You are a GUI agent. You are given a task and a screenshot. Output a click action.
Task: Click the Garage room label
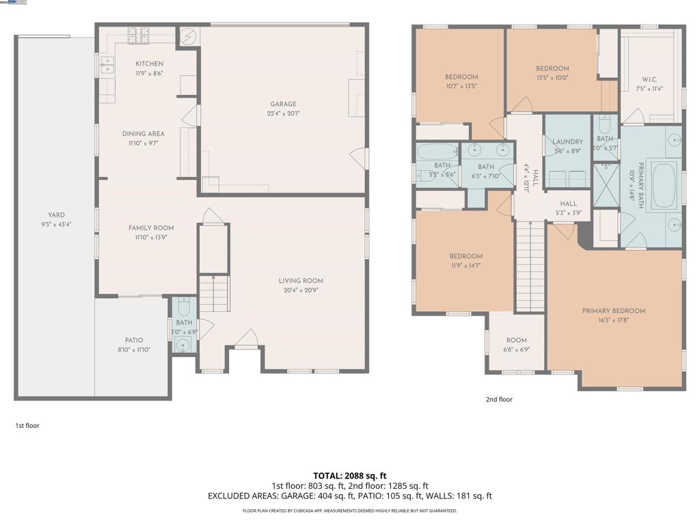click(x=283, y=105)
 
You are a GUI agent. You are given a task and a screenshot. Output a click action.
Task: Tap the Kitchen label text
click(x=149, y=64)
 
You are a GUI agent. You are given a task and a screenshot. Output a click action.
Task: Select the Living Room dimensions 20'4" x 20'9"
click(x=301, y=290)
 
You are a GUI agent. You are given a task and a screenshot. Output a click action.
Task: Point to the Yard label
click(x=56, y=215)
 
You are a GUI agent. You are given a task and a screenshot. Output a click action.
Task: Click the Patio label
click(x=134, y=340)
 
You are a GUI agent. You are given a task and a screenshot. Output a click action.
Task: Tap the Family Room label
click(x=151, y=228)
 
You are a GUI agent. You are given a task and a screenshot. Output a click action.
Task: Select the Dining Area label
click(x=144, y=134)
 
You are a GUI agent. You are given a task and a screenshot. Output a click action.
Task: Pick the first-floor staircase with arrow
click(x=214, y=293)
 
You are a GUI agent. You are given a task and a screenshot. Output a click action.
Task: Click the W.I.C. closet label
click(x=649, y=79)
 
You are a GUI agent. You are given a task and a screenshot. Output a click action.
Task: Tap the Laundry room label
click(x=567, y=142)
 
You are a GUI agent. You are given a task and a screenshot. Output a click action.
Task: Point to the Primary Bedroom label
click(x=613, y=311)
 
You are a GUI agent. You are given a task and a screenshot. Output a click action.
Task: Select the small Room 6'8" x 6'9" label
click(x=516, y=340)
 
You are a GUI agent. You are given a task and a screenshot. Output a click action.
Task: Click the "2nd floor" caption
click(x=498, y=399)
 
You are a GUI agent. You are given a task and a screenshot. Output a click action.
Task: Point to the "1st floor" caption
click(x=27, y=425)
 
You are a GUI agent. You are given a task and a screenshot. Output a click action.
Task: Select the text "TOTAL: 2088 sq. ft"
click(x=350, y=476)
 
